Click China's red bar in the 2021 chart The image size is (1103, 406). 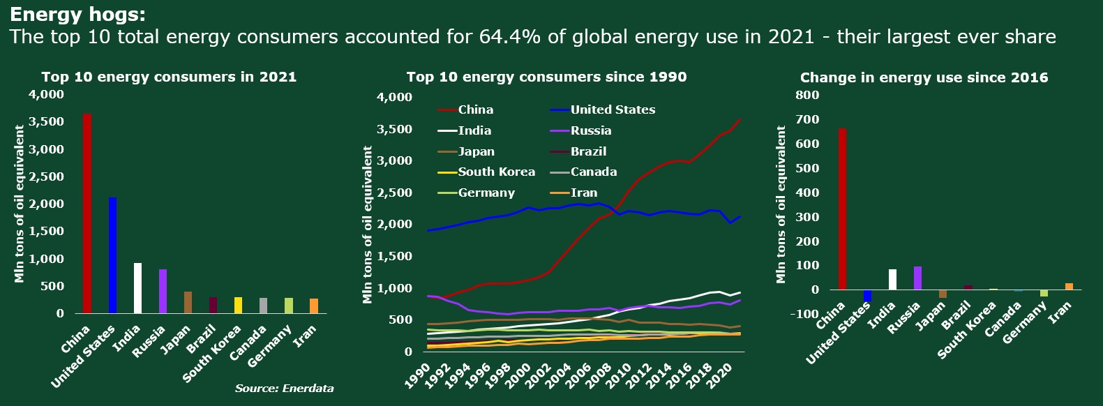(x=87, y=213)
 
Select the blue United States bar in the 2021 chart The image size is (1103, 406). (x=112, y=255)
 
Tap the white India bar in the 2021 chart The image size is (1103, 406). (x=137, y=288)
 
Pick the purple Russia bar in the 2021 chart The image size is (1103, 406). (x=163, y=291)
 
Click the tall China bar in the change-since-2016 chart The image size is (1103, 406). (x=842, y=209)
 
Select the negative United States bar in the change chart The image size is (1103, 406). (x=867, y=296)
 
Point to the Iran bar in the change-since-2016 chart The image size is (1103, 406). (x=1069, y=286)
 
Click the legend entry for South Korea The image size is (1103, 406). (x=496, y=172)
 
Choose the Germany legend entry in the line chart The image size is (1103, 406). (x=486, y=193)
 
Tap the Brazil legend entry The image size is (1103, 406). (x=588, y=151)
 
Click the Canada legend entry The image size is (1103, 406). (x=593, y=172)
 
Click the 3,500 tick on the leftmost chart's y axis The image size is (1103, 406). (x=47, y=122)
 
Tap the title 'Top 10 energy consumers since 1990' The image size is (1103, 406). (x=546, y=77)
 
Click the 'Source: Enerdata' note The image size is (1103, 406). (x=284, y=388)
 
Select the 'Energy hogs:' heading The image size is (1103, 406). (x=77, y=15)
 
